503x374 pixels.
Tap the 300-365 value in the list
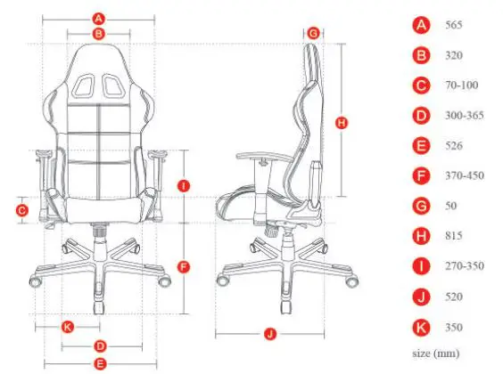pos(464,116)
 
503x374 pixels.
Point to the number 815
pos(453,236)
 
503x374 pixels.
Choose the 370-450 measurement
pos(464,175)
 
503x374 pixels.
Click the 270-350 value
pos(464,265)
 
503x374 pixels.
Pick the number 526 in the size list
pos(453,145)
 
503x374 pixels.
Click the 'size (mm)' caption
pos(436,353)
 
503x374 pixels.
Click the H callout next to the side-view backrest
pos(340,124)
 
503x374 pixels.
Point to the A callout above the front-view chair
pos(99,17)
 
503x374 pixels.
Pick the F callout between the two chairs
pos(184,266)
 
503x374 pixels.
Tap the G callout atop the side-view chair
pos(312,33)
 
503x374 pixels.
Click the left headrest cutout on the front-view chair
pos(86,85)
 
